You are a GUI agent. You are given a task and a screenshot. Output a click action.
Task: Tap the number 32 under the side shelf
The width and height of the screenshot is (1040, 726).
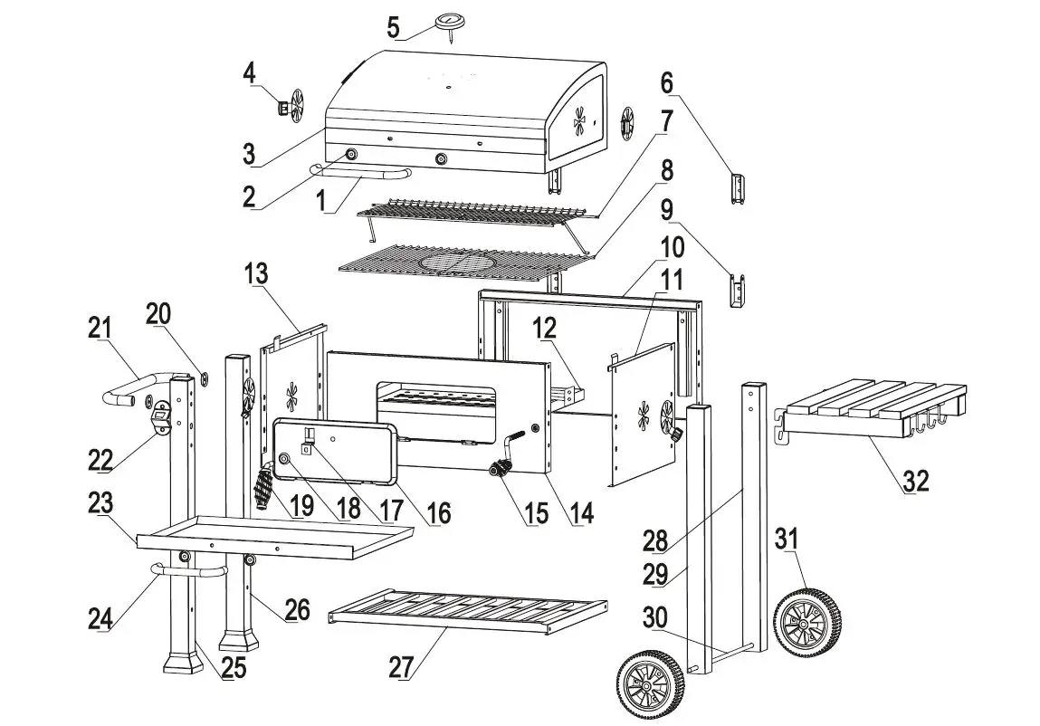(915, 482)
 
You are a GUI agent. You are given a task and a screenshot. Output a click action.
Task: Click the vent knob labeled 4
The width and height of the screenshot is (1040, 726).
(283, 109)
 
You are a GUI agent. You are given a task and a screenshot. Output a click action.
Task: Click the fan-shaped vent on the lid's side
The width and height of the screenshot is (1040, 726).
(579, 119)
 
